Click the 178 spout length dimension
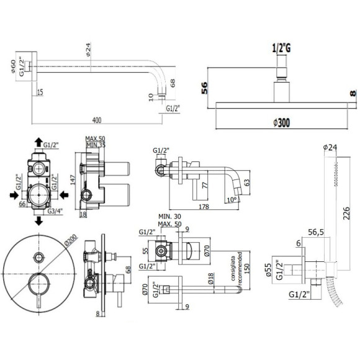(x=202, y=207)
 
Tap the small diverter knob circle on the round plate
(x=38, y=256)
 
